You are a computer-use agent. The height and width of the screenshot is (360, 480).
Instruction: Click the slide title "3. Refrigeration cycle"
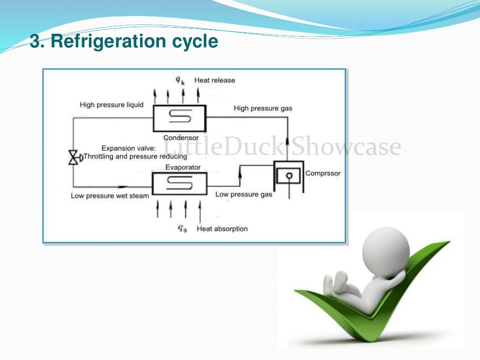coord(124,41)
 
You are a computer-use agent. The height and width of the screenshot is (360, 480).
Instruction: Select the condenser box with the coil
coord(180,119)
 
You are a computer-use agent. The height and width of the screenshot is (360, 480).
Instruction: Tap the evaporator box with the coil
coord(180,183)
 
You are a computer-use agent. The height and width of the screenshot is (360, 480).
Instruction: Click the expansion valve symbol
coord(73,157)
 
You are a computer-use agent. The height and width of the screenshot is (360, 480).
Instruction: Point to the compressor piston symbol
coord(289,175)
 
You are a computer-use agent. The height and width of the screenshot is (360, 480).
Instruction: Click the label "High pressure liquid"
coord(112,105)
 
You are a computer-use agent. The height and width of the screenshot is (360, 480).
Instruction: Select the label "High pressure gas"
coord(262,108)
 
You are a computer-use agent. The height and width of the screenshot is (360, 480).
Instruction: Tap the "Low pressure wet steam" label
coord(110,195)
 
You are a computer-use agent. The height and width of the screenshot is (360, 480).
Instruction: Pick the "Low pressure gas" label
coord(243,194)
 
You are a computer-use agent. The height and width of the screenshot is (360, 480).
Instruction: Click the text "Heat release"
coord(215,80)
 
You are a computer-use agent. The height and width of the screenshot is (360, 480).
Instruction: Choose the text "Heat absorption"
coord(222,229)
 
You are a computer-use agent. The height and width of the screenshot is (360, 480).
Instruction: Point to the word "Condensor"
coord(181,138)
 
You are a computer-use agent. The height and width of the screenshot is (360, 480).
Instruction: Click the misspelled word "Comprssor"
coord(323,173)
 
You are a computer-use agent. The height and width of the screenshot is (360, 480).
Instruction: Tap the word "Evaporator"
coord(183,167)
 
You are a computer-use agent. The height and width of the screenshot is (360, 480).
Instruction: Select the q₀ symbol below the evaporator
coord(182,229)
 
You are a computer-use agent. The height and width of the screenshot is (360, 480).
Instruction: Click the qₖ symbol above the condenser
coord(180,80)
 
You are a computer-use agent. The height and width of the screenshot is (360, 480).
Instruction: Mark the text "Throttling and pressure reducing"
coord(135,157)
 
